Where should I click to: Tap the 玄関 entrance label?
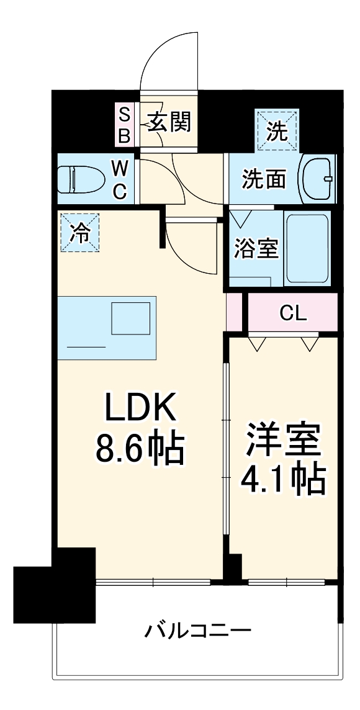click(x=169, y=121)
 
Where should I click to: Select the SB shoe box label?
click(x=124, y=124)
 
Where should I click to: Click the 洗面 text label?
click(x=264, y=179)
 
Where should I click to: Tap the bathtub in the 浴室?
click(x=307, y=248)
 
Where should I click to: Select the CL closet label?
click(x=293, y=313)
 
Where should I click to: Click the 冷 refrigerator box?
click(x=79, y=233)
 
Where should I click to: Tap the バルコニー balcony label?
click(x=198, y=632)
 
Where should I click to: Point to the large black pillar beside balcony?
click(x=55, y=593)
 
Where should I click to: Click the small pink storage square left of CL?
click(x=234, y=311)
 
